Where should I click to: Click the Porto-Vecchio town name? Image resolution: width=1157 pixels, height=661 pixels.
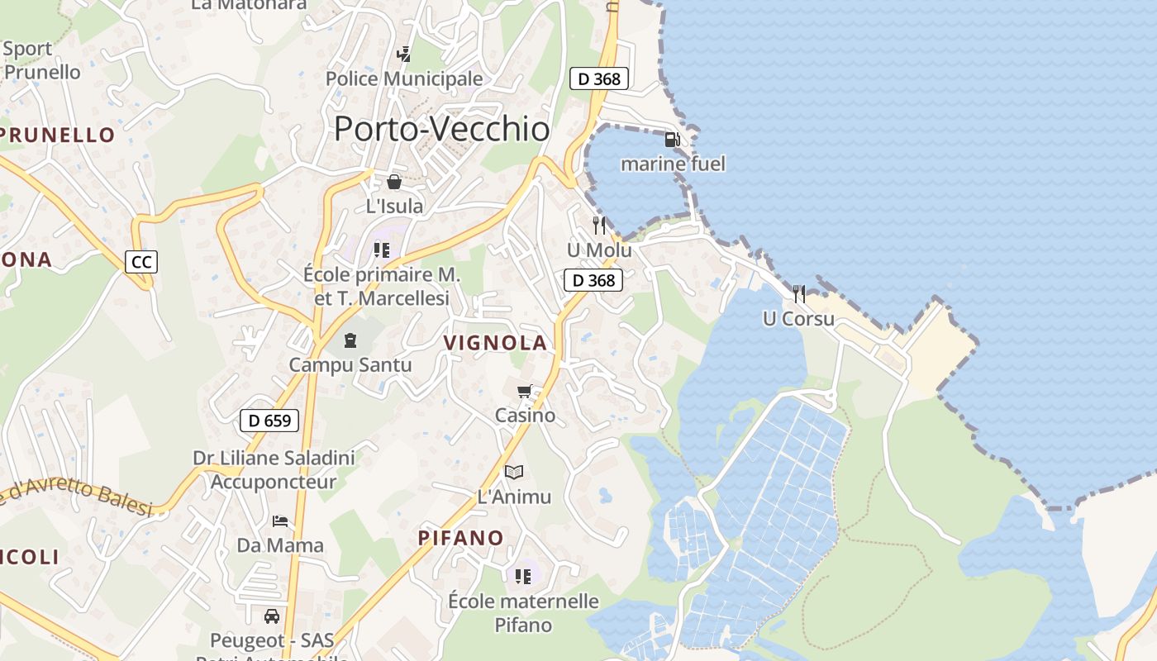coord(441,129)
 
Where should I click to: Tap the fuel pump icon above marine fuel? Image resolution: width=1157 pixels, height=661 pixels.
coord(673,140)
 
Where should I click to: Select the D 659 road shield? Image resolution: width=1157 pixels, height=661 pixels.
coord(269,421)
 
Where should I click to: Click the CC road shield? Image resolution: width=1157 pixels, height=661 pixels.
coord(141,263)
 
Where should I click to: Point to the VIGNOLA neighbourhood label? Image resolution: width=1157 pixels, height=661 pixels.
coord(495,343)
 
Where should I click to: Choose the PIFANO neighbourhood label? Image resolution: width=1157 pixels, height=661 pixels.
coord(460,538)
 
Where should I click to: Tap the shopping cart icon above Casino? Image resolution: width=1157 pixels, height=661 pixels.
coord(524,391)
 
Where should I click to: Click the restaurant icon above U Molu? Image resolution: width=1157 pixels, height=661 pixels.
coord(599,225)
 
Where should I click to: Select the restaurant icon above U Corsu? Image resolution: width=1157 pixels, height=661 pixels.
coord(798,293)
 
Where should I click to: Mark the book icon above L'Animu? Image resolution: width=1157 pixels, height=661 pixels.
coord(514,472)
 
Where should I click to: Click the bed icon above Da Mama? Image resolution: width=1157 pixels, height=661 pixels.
coord(280,521)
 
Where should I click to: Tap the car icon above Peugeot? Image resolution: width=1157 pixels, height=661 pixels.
coord(271,616)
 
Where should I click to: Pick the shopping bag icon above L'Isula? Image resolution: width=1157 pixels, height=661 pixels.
coord(394,182)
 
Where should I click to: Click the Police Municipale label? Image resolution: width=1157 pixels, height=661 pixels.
coord(404,78)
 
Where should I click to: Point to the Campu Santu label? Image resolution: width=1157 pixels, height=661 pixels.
coord(350,364)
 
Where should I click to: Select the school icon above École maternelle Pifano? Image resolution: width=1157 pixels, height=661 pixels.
coord(522,576)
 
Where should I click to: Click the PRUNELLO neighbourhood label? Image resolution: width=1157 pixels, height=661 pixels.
coord(58,135)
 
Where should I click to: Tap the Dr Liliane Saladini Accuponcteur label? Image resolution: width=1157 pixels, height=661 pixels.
coord(274,469)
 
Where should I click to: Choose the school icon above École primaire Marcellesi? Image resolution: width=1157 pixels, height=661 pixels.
coord(381,250)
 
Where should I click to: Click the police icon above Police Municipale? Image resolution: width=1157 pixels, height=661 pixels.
coord(403,55)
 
